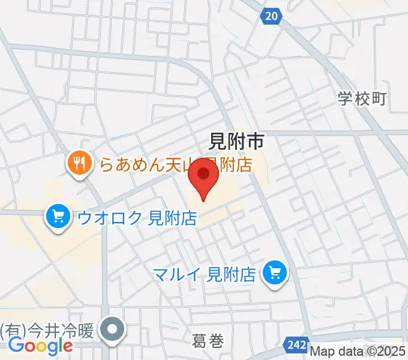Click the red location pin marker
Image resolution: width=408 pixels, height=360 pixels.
tap(203, 179)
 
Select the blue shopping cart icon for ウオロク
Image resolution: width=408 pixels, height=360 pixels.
tap(58, 216)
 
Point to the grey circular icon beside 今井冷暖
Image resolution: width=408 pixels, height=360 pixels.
tap(112, 329)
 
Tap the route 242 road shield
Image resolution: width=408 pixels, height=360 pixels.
tap(297, 345)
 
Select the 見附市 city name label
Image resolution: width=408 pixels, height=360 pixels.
tap(236, 142)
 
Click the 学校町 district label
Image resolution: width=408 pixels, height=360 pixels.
tap(362, 99)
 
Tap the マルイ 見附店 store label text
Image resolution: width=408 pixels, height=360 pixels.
tap(205, 275)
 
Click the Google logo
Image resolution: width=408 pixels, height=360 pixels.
tap(40, 346)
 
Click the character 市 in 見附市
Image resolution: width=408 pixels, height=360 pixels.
tap(254, 142)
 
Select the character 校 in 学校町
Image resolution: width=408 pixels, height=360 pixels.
tap(362, 99)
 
